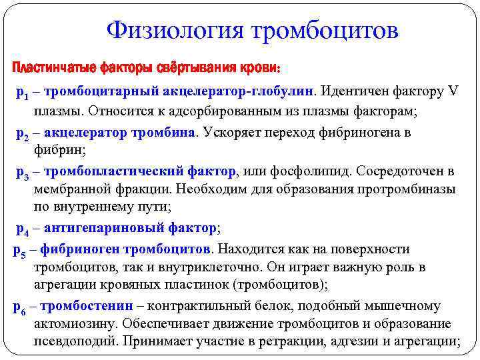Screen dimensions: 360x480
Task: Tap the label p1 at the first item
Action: point(21,92)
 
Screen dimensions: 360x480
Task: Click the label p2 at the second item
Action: point(21,134)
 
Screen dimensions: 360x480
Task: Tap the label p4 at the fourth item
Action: point(21,230)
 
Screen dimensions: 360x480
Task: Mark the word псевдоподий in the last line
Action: point(72,342)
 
